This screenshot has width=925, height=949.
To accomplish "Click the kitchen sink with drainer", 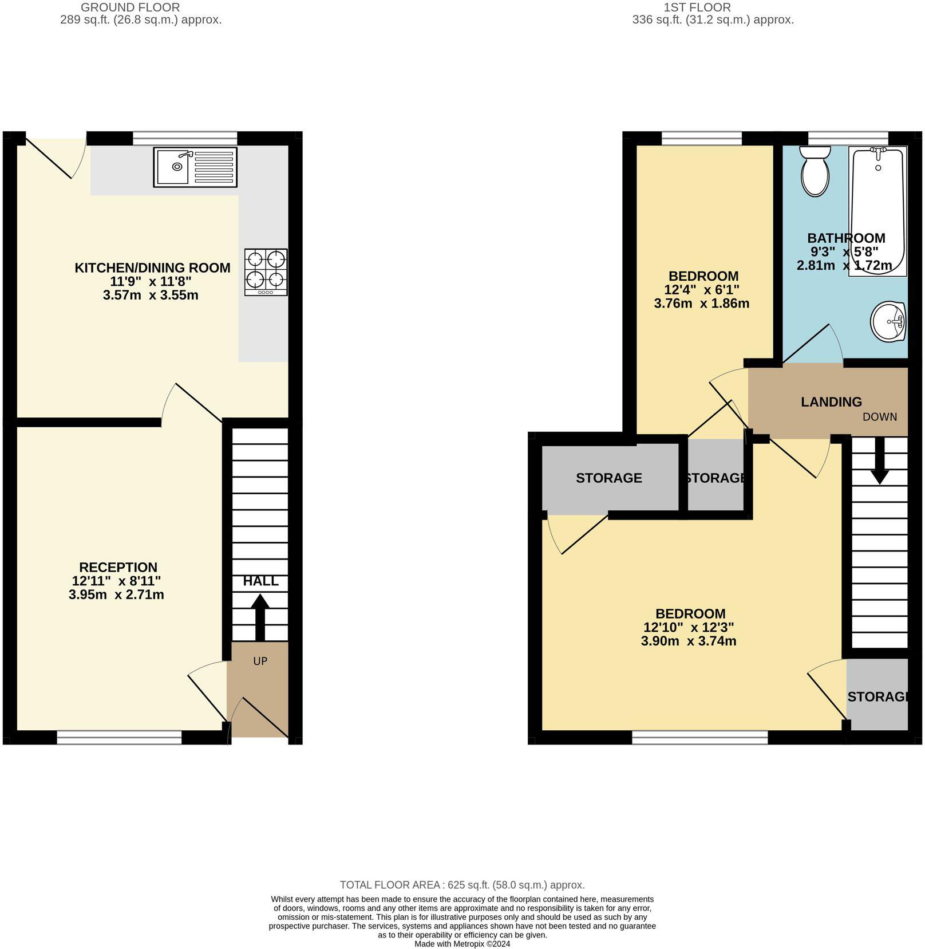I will click(x=195, y=167).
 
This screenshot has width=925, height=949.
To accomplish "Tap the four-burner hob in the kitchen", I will click(x=266, y=272).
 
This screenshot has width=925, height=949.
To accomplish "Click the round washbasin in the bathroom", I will click(x=888, y=322).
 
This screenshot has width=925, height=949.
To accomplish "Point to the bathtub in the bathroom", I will click(x=877, y=211).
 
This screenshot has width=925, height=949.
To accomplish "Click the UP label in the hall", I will click(x=260, y=661).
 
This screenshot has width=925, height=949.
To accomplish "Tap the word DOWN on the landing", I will click(x=879, y=416).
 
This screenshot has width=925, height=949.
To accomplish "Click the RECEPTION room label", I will click(x=118, y=567).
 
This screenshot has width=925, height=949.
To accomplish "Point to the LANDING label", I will click(x=831, y=402).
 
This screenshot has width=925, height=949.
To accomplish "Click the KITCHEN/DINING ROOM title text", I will click(x=152, y=267).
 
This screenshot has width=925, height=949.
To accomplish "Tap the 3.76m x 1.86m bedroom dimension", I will click(x=701, y=304).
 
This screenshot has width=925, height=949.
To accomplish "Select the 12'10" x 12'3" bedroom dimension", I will click(x=689, y=627).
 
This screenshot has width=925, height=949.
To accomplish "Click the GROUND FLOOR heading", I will click(x=130, y=7).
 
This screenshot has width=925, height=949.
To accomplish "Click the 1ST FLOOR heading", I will click(x=697, y=7).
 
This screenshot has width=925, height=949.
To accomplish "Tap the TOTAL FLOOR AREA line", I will click(x=462, y=885).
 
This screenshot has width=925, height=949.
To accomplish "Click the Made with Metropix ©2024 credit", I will click(x=462, y=944).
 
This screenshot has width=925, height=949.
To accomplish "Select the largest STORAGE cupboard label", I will click(x=608, y=478).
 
